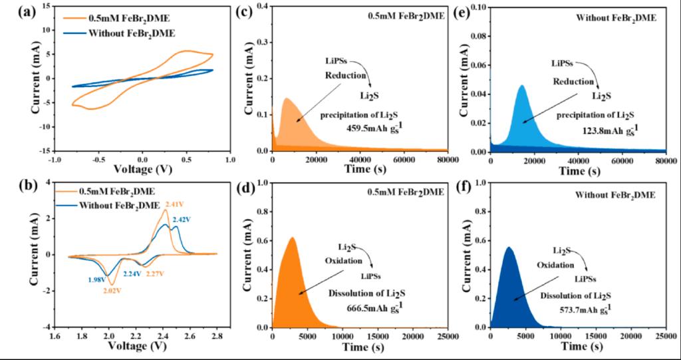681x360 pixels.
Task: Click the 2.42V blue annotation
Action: (182, 219)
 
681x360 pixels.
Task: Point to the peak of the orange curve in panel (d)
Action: (291, 238)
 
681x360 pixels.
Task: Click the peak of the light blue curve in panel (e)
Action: (521, 85)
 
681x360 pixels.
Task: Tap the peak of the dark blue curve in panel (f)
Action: (509, 248)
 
